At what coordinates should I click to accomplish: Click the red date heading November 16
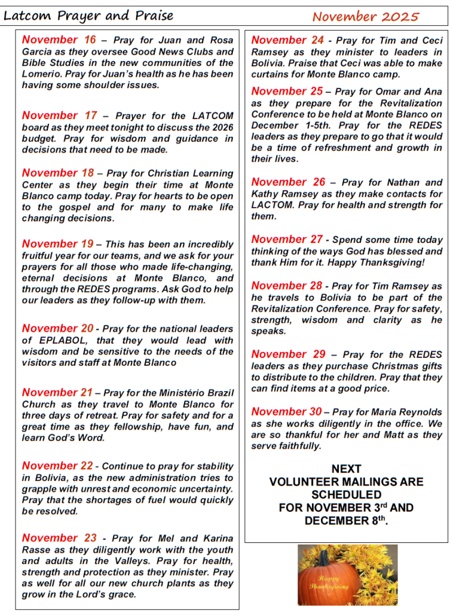(59, 40)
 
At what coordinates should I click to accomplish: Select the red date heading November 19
(57, 244)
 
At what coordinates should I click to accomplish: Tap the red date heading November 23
(59, 538)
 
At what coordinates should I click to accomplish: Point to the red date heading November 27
(287, 239)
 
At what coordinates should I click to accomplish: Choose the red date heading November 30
(286, 411)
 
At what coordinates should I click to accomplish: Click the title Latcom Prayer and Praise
(88, 16)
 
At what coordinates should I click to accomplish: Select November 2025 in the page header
(365, 17)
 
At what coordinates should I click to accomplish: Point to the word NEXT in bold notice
(346, 469)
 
